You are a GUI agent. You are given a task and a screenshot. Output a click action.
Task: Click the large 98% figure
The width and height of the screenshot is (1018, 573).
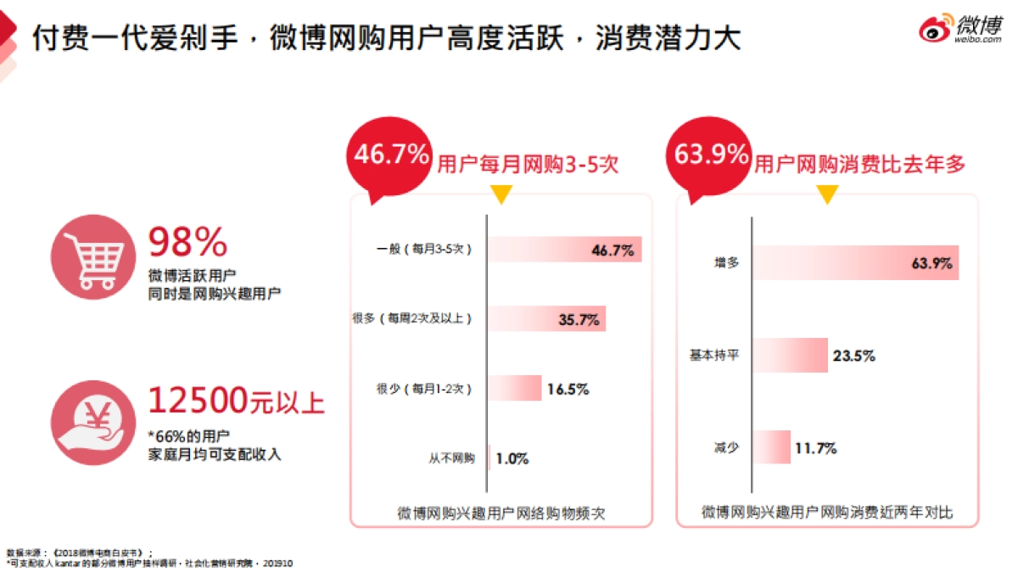[188, 244]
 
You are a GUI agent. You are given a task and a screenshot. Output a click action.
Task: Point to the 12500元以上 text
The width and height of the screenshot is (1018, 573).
[237, 400]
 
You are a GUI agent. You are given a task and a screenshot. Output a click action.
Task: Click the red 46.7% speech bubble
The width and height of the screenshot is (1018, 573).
[391, 157]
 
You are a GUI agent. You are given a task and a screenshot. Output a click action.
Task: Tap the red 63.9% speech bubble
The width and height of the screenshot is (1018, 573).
[711, 156]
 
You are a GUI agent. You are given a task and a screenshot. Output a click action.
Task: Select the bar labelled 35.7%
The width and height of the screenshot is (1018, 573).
[546, 319]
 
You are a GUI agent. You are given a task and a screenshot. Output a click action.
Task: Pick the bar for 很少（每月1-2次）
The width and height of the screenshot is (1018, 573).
[514, 389]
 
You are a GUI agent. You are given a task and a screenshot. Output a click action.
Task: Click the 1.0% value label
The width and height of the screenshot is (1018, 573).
[512, 459]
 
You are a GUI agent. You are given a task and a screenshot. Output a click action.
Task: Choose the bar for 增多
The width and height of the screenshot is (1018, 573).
[855, 263]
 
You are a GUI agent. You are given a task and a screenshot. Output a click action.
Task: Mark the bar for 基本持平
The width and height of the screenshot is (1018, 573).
[790, 355]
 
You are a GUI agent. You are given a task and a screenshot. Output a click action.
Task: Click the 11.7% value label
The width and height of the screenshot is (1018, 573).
[815, 447]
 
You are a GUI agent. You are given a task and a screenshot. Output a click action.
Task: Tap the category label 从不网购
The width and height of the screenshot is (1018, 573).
[451, 459]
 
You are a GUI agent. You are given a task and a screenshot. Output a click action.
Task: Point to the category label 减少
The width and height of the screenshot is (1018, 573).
[726, 447]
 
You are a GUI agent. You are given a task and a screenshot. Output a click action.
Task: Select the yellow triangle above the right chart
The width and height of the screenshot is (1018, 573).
[827, 194]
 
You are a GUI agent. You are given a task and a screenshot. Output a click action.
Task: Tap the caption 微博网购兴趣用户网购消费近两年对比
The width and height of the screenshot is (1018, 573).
[827, 513]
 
